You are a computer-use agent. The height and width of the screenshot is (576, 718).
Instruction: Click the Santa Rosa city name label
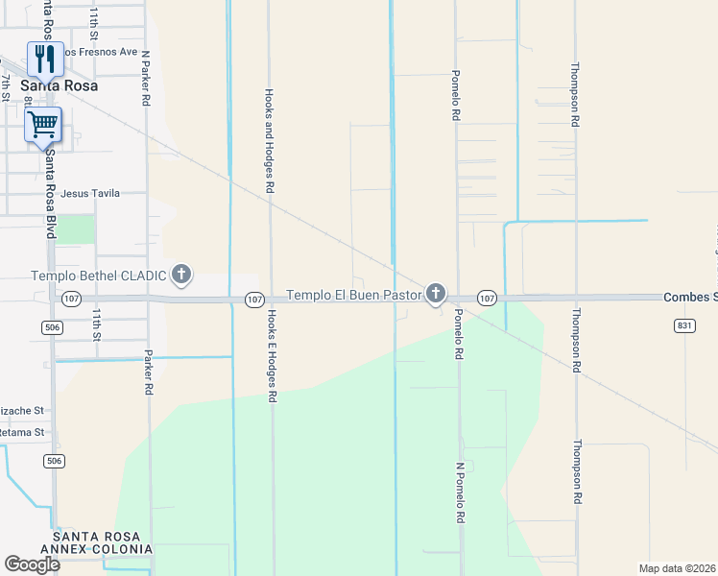59,85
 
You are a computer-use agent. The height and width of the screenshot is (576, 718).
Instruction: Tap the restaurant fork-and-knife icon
45,60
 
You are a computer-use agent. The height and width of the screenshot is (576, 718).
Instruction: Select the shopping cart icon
42,124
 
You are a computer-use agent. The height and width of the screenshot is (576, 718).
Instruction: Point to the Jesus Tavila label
90,193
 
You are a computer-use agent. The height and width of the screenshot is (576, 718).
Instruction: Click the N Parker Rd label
146,78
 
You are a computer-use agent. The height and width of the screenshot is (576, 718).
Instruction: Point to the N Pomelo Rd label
460,492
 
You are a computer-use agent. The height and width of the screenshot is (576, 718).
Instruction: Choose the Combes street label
690,298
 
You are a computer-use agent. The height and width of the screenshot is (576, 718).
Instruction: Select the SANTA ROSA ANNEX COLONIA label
103,542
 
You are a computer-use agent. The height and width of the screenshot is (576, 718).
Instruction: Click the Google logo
31,564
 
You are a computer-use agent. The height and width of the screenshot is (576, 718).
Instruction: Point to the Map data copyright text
677,568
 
